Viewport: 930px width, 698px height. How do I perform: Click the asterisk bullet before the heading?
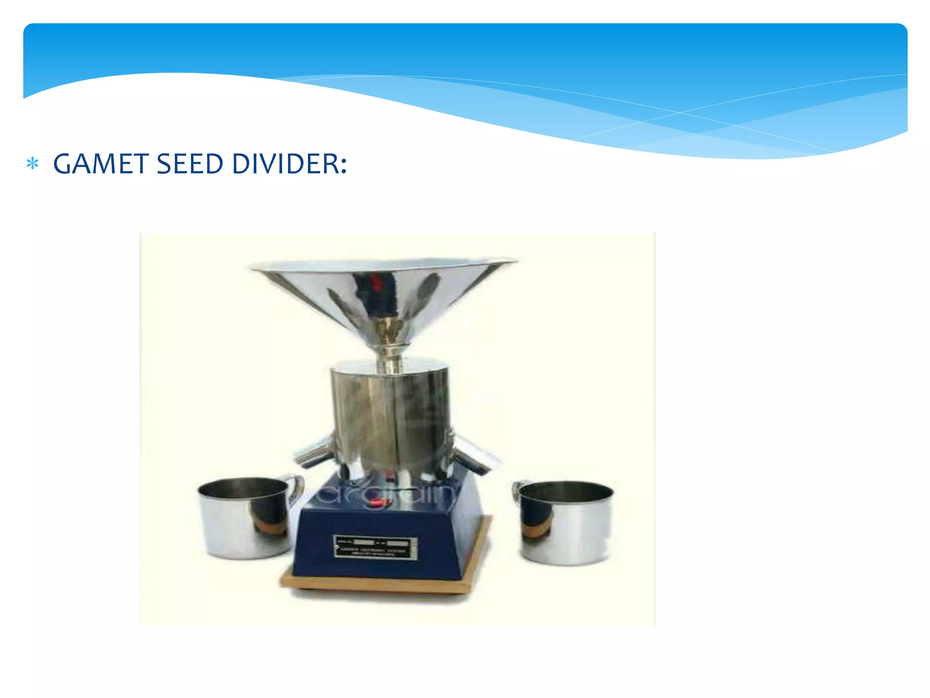(x=32, y=164)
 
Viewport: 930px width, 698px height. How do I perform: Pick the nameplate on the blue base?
(x=376, y=547)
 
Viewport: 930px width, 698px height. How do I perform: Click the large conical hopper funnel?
(x=384, y=291)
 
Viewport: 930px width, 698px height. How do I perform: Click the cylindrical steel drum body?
(x=391, y=418)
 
